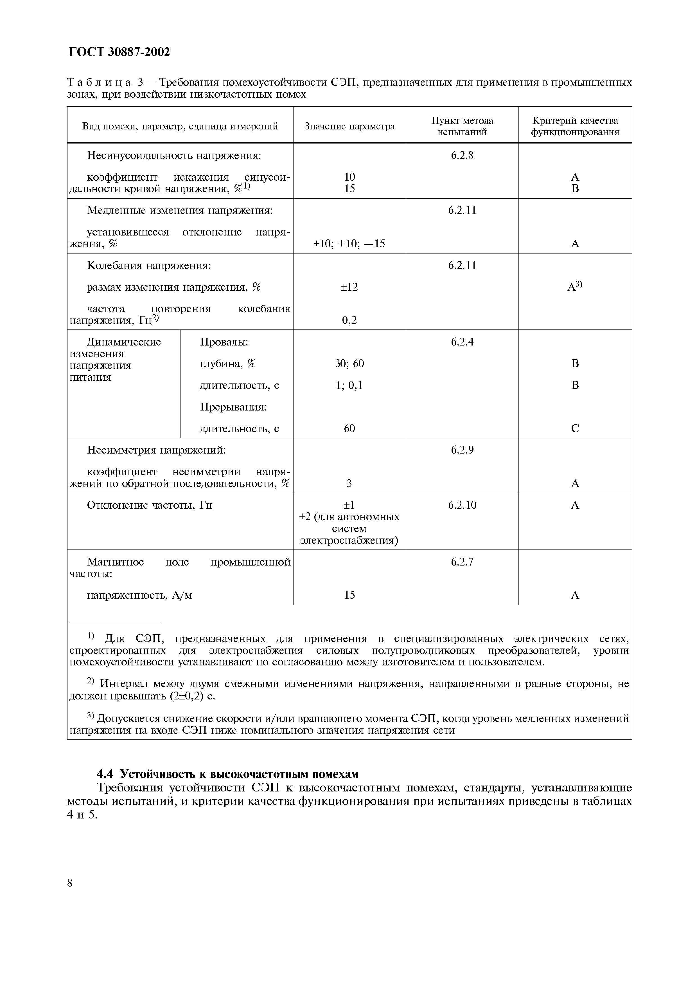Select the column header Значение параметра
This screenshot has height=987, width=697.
(x=349, y=126)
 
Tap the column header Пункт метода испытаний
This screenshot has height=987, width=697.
(x=462, y=126)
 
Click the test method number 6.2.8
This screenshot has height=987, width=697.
(x=462, y=155)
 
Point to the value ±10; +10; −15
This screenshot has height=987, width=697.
(x=349, y=244)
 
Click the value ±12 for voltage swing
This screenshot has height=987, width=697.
(x=349, y=287)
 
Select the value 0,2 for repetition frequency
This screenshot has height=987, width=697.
(x=349, y=320)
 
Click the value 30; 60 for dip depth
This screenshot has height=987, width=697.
(x=349, y=364)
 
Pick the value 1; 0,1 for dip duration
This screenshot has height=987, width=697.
(x=349, y=385)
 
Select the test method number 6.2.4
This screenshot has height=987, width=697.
(x=462, y=342)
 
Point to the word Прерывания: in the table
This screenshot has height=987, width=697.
(x=233, y=407)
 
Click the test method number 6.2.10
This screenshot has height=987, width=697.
(x=462, y=505)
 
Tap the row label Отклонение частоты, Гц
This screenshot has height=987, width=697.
(x=150, y=505)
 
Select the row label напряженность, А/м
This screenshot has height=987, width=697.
(x=139, y=595)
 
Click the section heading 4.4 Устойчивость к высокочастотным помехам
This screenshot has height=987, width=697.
(x=228, y=774)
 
